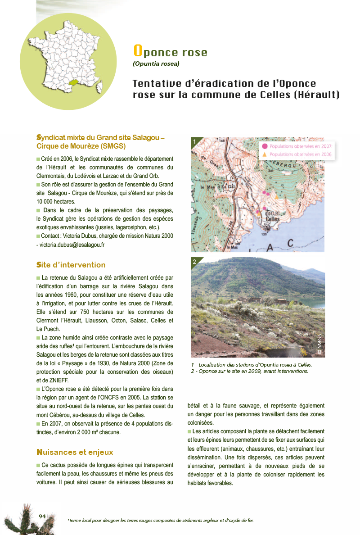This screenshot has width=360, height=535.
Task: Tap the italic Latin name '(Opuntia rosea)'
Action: pyautogui.click(x=156, y=64)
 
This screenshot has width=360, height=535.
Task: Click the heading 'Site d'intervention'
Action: pyautogui.click(x=71, y=265)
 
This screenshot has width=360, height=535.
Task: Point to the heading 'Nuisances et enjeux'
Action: pyautogui.click(x=75, y=452)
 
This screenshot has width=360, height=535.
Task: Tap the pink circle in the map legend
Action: pyautogui.click(x=265, y=146)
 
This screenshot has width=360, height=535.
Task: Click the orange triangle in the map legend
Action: pyautogui.click(x=265, y=154)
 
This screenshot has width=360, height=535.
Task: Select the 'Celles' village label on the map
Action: pyautogui.click(x=272, y=219)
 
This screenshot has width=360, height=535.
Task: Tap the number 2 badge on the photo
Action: pyautogui.click(x=194, y=262)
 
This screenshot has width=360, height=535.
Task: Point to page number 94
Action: pyautogui.click(x=43, y=516)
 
